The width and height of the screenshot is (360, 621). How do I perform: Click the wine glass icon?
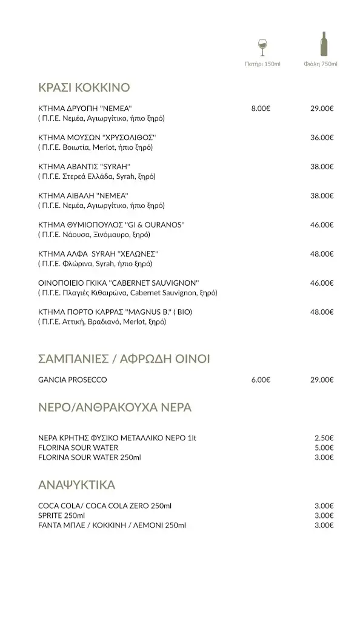pyautogui.click(x=262, y=47)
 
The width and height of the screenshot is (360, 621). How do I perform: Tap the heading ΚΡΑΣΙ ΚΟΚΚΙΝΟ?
pyautogui.click(x=84, y=87)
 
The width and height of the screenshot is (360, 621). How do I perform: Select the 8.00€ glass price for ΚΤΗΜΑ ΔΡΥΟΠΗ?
pyautogui.click(x=261, y=109)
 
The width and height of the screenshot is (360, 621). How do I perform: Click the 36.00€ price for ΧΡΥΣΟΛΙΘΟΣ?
pyautogui.click(x=322, y=138)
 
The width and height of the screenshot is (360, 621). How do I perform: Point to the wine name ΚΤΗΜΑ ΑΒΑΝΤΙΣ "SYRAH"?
pyautogui.click(x=84, y=167)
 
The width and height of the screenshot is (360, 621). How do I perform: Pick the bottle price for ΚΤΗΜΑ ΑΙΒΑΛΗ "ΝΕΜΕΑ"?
pyautogui.click(x=322, y=196)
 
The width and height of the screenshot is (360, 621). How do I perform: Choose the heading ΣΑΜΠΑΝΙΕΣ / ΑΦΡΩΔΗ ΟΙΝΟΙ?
pyautogui.click(x=124, y=359)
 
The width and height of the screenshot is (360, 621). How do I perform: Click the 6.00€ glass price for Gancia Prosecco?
pyautogui.click(x=261, y=380)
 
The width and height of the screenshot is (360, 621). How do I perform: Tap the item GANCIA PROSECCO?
pyautogui.click(x=72, y=380)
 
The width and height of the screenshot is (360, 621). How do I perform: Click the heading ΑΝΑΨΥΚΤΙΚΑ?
pyautogui.click(x=76, y=485)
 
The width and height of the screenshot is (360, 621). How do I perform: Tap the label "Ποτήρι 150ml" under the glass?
pyautogui.click(x=262, y=64)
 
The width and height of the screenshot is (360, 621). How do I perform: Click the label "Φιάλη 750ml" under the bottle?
pyautogui.click(x=321, y=64)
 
